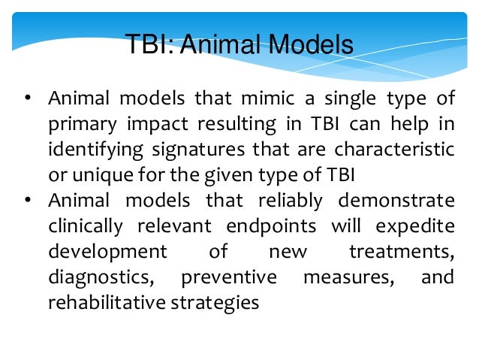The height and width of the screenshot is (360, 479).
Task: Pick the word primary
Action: pyautogui.click(x=77, y=125)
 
